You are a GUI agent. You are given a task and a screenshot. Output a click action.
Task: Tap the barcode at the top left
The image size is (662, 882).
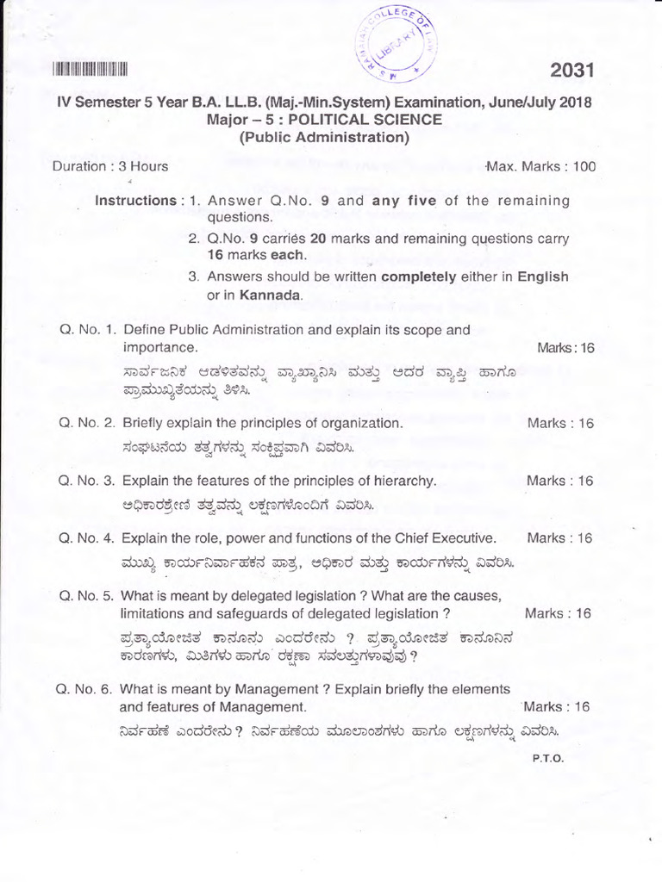click(x=90, y=71)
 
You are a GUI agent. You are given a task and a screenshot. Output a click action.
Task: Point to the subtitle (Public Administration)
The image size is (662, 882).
click(x=323, y=137)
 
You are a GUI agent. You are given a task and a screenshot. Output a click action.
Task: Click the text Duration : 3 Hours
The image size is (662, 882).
click(x=110, y=166)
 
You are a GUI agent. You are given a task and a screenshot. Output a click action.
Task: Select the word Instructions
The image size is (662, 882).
click(x=135, y=201)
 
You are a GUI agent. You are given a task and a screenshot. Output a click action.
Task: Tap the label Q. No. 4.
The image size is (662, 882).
click(x=85, y=538)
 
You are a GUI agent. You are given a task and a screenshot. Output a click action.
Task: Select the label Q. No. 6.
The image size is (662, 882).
click(x=84, y=690)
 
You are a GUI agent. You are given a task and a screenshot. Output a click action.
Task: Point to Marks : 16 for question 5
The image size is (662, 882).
click(x=558, y=614)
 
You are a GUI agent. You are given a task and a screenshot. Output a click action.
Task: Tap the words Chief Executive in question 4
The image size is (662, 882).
click(x=443, y=538)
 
